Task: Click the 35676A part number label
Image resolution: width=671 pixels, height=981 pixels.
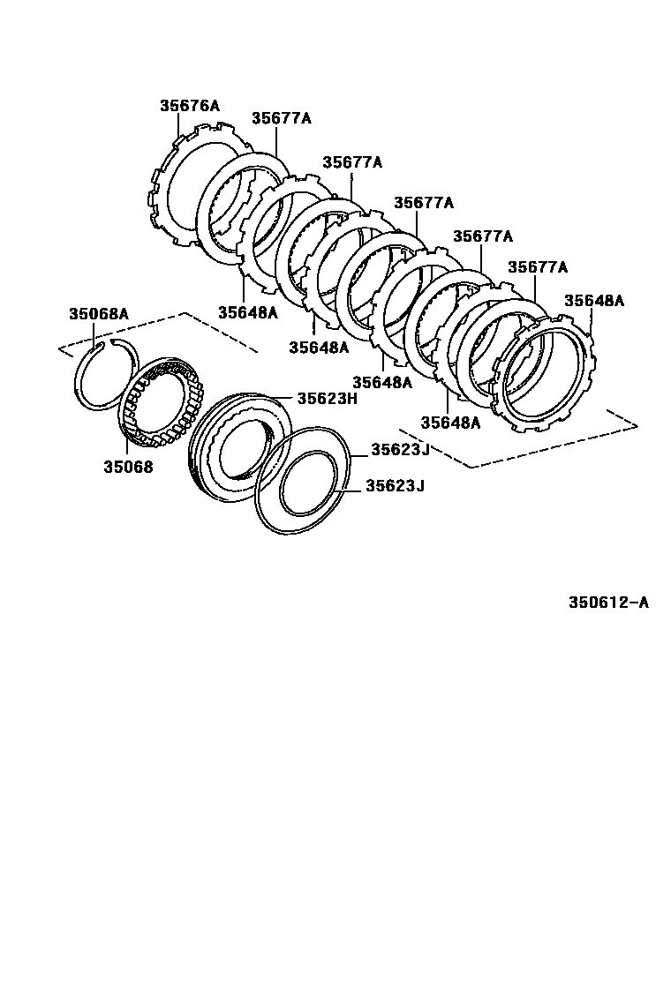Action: click(189, 105)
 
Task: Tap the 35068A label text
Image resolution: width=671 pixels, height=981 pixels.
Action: click(99, 313)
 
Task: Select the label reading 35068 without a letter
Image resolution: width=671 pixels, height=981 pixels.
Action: click(128, 468)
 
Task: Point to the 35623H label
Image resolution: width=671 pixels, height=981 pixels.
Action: click(326, 398)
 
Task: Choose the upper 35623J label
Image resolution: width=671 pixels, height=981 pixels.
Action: click(399, 449)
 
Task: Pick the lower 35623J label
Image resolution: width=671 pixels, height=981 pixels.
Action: click(396, 485)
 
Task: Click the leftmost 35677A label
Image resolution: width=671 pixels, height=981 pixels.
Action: click(281, 118)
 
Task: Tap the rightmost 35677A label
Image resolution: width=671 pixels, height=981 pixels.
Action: click(538, 266)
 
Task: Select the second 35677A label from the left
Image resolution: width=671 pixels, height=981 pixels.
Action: click(351, 162)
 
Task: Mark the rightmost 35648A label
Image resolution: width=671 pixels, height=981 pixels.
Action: click(593, 300)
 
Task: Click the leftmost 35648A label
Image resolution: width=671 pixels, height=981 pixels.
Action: click(247, 311)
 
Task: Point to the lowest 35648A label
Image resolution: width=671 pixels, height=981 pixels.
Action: click(449, 423)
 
